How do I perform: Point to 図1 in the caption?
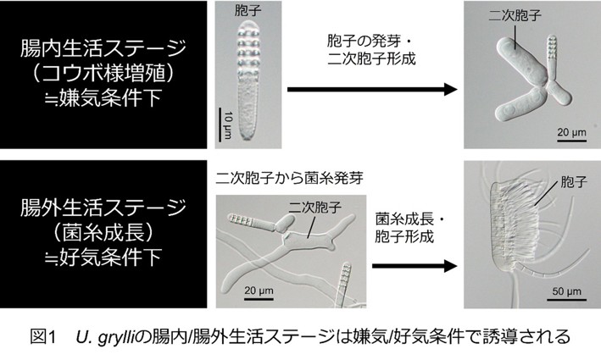coord(42,337)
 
